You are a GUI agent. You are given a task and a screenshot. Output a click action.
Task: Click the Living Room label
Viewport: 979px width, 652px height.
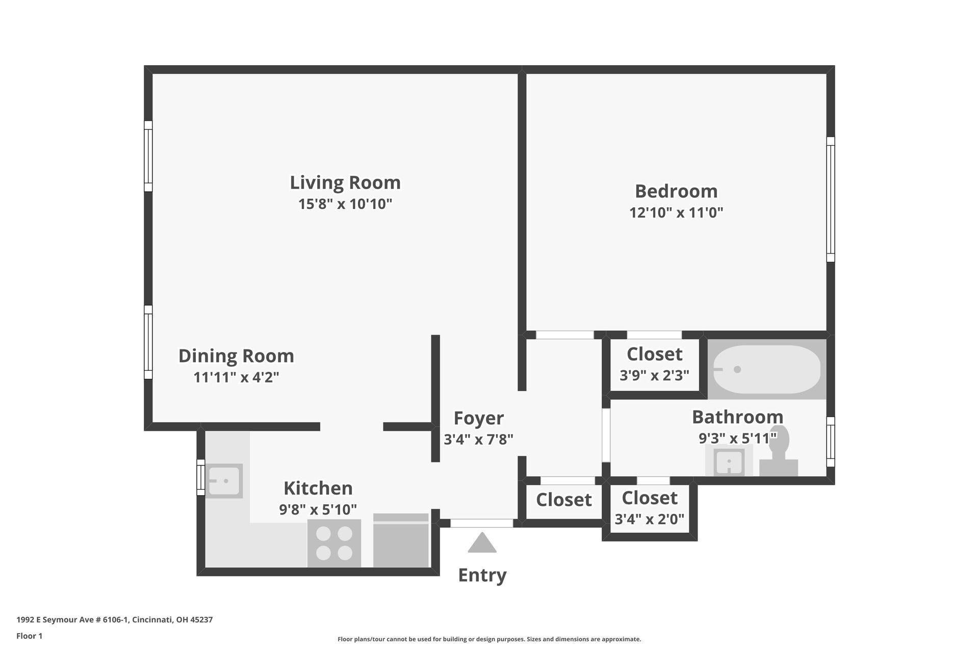[345, 183]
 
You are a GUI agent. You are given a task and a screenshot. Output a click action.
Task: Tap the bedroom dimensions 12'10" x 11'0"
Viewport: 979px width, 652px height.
[676, 212]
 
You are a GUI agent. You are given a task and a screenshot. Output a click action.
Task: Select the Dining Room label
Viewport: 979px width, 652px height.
[236, 356]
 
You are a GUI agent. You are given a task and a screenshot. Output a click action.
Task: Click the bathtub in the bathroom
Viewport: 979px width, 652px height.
[766, 369]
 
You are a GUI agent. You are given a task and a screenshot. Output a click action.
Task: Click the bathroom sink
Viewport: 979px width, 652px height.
[729, 462]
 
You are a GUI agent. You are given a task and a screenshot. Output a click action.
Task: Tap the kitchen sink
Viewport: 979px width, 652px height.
[224, 481]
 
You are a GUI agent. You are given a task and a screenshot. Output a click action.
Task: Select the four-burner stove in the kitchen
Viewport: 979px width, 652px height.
[334, 543]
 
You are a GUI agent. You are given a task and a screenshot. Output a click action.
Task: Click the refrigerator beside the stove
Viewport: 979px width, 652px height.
[401, 541]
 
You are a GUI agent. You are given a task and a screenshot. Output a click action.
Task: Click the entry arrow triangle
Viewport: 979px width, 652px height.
[482, 544]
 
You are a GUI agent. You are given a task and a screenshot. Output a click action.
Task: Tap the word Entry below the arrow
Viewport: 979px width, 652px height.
[482, 576]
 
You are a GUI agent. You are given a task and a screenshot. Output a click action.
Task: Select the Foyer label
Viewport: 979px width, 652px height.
[478, 418]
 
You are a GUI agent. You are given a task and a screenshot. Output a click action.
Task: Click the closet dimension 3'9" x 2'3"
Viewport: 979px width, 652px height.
[654, 375]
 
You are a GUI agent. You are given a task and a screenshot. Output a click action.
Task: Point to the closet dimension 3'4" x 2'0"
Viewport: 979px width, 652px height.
[649, 519]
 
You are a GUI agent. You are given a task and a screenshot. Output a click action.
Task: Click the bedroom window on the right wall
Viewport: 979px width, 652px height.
[831, 199]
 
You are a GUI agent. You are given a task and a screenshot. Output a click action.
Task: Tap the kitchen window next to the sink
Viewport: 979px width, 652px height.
[201, 477]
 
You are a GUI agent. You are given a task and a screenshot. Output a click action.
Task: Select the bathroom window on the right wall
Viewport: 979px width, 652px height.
[831, 442]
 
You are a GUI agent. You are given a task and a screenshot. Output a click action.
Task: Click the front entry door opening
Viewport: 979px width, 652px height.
[482, 523]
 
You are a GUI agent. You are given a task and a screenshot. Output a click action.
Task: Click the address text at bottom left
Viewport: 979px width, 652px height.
[114, 620]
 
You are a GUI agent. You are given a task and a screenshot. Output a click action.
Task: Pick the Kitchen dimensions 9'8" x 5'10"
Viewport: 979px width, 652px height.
[318, 509]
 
